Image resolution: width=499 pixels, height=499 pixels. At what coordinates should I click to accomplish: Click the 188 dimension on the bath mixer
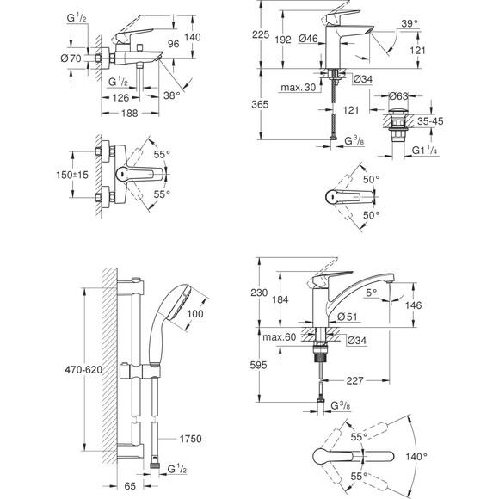tap(130, 114)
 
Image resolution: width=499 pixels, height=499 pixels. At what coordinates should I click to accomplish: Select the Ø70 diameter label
tap(71, 59)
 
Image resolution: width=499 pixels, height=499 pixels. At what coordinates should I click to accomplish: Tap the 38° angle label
tap(171, 95)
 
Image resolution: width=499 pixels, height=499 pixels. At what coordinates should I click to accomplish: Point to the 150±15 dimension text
tap(72, 175)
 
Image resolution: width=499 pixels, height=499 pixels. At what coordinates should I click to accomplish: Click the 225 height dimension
tap(261, 34)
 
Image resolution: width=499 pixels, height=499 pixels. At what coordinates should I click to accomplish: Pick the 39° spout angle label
tap(410, 23)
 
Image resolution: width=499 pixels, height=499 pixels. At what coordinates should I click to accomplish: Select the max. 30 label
tap(299, 87)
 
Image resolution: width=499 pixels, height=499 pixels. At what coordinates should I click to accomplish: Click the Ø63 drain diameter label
tap(398, 95)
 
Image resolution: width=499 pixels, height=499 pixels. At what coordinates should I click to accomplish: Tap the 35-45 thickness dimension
tap(430, 121)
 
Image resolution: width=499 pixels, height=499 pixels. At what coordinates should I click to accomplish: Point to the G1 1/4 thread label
tap(424, 150)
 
